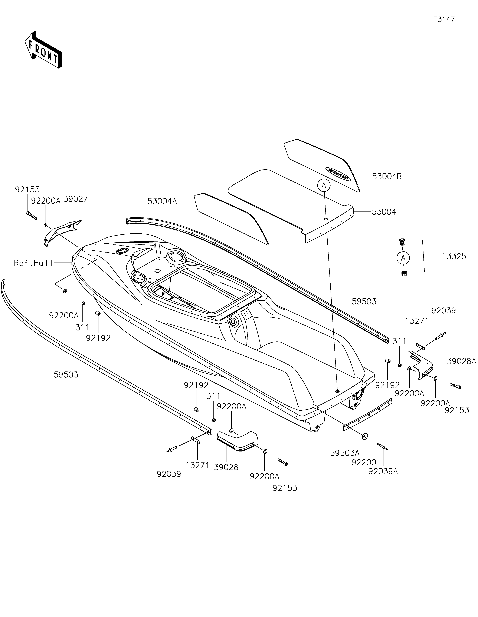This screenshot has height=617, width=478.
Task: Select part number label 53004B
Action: pyautogui.click(x=387, y=177)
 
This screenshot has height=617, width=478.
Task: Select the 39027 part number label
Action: pyautogui.click(x=76, y=199)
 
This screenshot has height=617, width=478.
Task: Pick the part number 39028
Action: pyautogui.click(x=226, y=467)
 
